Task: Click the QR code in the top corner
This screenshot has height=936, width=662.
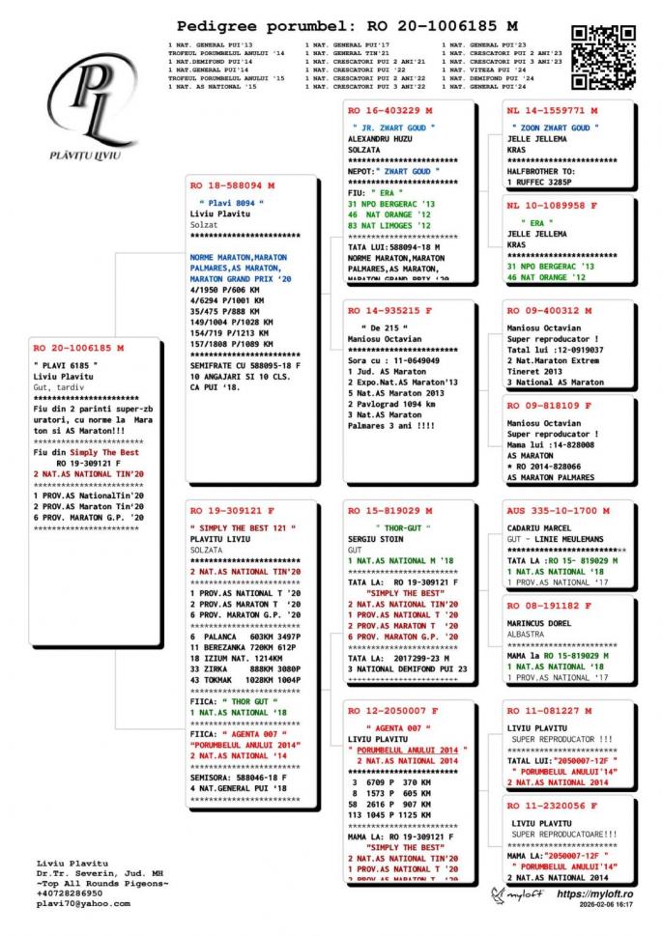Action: point(602,57)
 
